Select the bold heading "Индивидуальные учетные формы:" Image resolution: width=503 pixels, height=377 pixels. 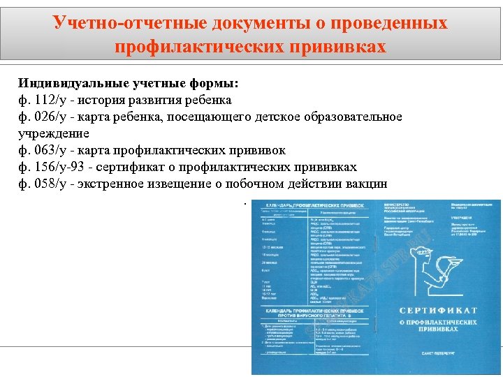[x=128, y=84]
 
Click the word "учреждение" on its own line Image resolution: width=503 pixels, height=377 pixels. [x=54, y=133]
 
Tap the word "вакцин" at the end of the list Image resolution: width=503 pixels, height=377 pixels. [x=367, y=184]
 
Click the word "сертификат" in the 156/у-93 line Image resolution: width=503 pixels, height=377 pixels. [x=136, y=167]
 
